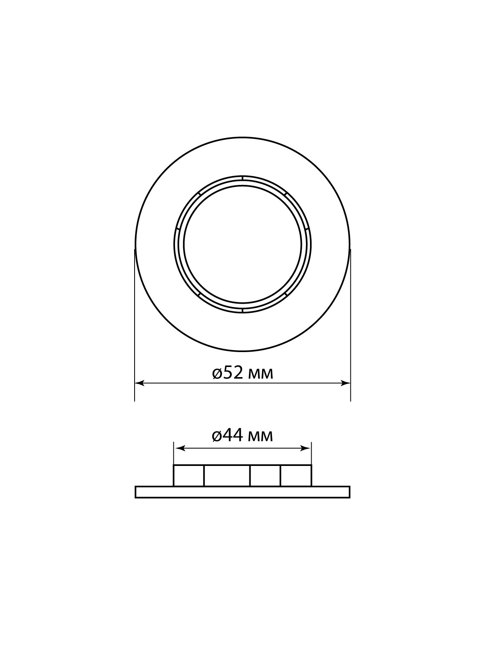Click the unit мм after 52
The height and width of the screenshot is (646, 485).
[261, 375]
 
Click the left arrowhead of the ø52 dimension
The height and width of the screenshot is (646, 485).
[139, 383]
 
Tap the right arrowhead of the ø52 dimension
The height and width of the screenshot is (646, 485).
[346, 383]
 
